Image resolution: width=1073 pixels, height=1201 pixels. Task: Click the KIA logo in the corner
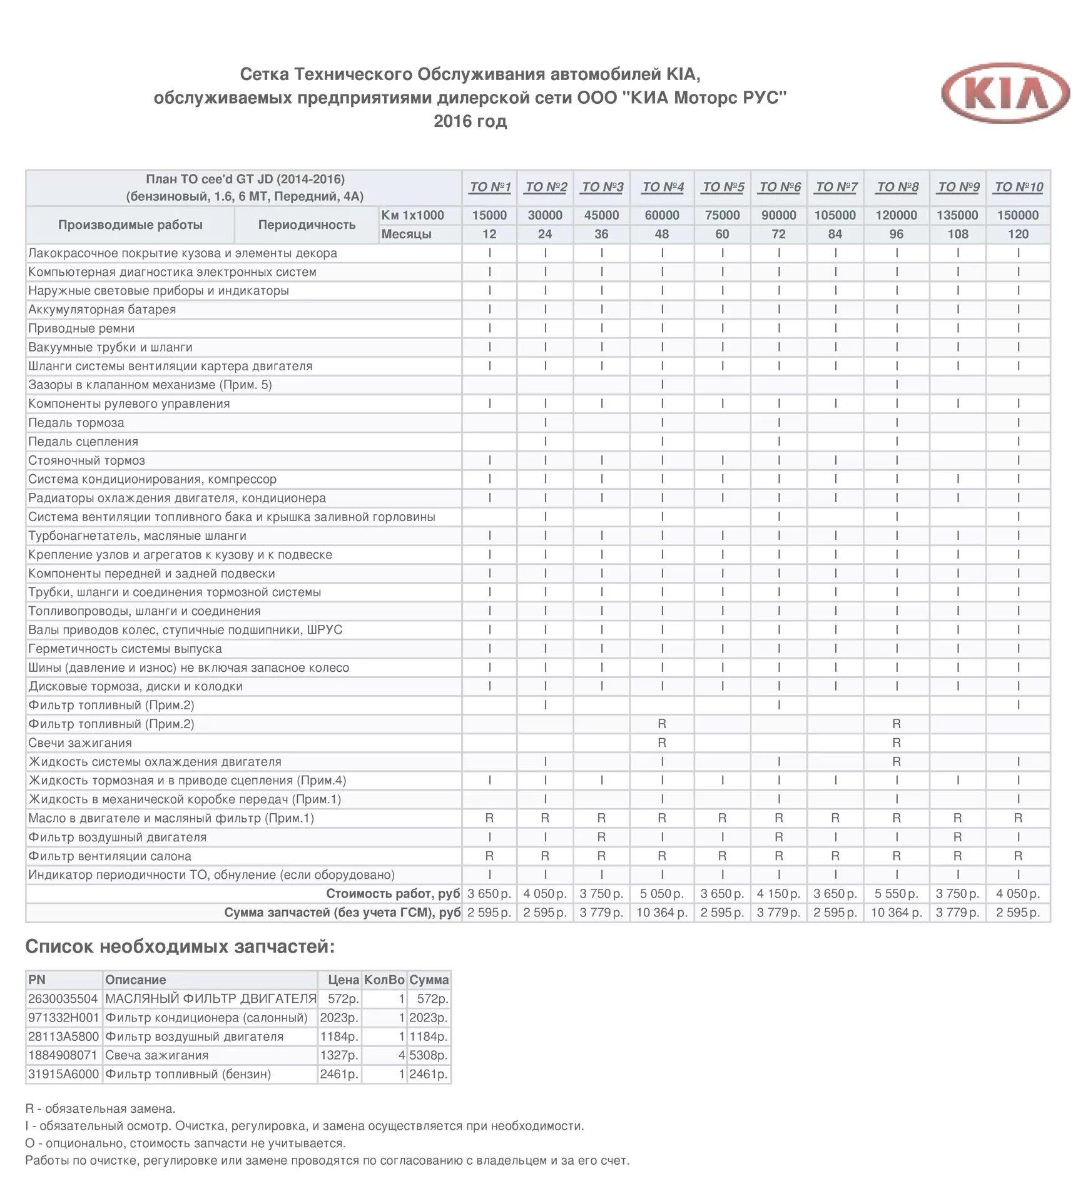[1006, 93]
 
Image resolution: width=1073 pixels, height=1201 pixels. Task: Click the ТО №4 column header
[663, 187]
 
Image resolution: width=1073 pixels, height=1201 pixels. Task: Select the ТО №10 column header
[1019, 187]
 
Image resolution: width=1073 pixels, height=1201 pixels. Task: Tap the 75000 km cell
[722, 215]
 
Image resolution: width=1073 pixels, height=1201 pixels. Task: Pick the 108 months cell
[957, 234]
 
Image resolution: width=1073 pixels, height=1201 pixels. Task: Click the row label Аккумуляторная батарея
[102, 310]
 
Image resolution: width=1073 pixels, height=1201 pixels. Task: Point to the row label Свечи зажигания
[80, 743]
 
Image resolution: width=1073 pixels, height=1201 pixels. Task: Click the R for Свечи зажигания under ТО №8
[897, 743]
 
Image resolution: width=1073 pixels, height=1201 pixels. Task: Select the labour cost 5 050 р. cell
[662, 894]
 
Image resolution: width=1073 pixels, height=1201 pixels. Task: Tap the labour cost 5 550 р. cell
[897, 894]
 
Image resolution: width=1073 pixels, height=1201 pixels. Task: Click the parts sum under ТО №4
[662, 913]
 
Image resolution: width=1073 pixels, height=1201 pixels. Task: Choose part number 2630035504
[63, 999]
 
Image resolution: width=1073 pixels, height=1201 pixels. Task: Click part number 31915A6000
[63, 1074]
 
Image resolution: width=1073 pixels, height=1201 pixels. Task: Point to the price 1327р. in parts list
[339, 1055]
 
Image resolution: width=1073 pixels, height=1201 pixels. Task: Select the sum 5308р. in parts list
[429, 1055]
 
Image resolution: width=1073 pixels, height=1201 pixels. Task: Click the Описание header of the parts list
[136, 980]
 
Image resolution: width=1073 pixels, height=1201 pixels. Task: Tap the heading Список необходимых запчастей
[180, 947]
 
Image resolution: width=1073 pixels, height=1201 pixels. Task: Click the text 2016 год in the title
[470, 121]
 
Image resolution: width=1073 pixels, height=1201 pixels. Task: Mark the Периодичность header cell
[307, 225]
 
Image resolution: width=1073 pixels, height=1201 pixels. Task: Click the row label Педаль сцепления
[83, 442]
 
